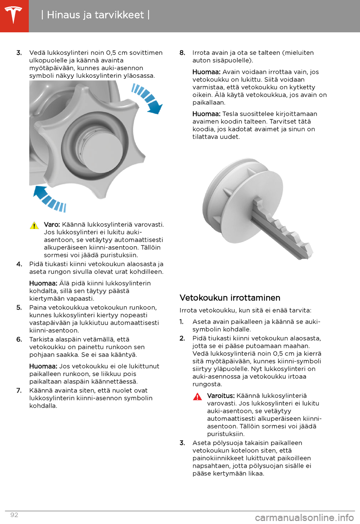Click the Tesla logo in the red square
point(14,15)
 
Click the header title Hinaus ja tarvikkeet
point(95,15)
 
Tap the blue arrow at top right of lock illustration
point(148,98)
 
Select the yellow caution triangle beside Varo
point(34,225)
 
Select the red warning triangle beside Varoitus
point(197,396)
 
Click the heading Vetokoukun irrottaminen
point(230,298)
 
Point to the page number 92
point(14,515)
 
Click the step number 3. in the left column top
point(19,53)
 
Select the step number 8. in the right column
point(182,53)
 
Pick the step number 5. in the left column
point(19,307)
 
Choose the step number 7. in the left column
point(19,390)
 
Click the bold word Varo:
point(52,224)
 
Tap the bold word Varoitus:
point(220,396)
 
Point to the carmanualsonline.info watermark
point(304,518)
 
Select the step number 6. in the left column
point(19,339)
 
